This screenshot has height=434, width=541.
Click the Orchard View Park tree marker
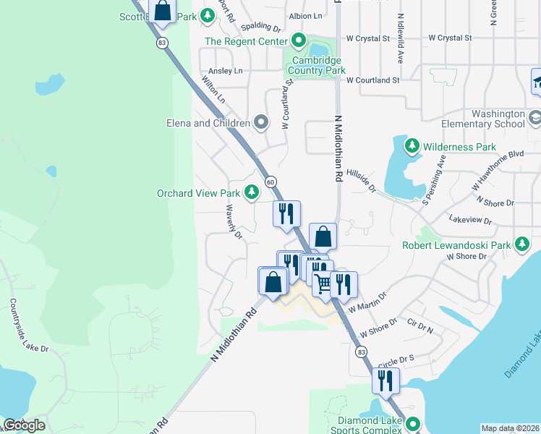tap(252, 192)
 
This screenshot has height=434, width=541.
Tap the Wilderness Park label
tap(460, 147)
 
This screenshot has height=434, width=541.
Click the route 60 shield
tap(270, 181)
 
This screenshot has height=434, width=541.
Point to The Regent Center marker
tap(297, 41)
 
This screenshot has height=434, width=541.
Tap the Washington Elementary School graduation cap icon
tap(534, 116)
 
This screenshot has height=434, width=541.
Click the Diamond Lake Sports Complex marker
tap(413, 424)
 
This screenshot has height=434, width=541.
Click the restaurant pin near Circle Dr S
tap(385, 379)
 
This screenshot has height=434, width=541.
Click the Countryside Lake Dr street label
tap(30, 327)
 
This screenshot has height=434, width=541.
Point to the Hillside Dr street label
tap(362, 180)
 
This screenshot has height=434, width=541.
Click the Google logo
tap(24, 425)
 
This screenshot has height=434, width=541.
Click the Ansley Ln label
tap(226, 71)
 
